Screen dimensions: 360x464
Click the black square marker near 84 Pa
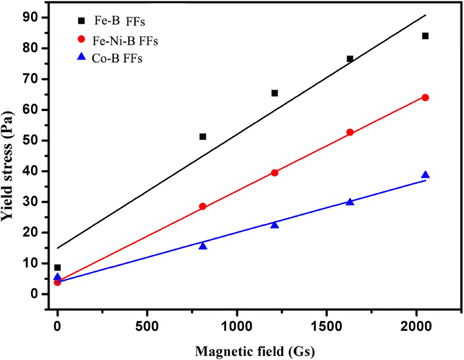pos(425,36)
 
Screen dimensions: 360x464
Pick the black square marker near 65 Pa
pos(274,93)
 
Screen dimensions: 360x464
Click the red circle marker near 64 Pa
pos(425,98)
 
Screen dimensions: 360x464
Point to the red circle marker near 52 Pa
pos(350,132)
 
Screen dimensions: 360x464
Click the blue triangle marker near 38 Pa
pos(425,175)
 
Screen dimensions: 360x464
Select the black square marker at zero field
pos(58,268)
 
